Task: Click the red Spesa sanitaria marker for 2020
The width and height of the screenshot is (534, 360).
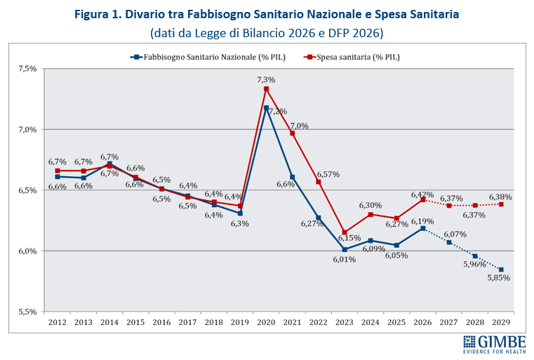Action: pos(266,89)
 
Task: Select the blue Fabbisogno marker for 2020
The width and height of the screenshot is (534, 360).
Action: pos(266,107)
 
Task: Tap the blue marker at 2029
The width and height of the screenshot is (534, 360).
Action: pos(500,269)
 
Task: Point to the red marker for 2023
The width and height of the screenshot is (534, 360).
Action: pos(344,232)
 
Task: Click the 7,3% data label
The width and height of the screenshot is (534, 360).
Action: pos(266,80)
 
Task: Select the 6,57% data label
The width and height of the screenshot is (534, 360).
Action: pos(328,174)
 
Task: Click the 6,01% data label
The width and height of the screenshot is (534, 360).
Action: pos(344,259)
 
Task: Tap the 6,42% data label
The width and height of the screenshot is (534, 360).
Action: pos(422,194)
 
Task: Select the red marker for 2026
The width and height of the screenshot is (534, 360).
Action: pos(422,200)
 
